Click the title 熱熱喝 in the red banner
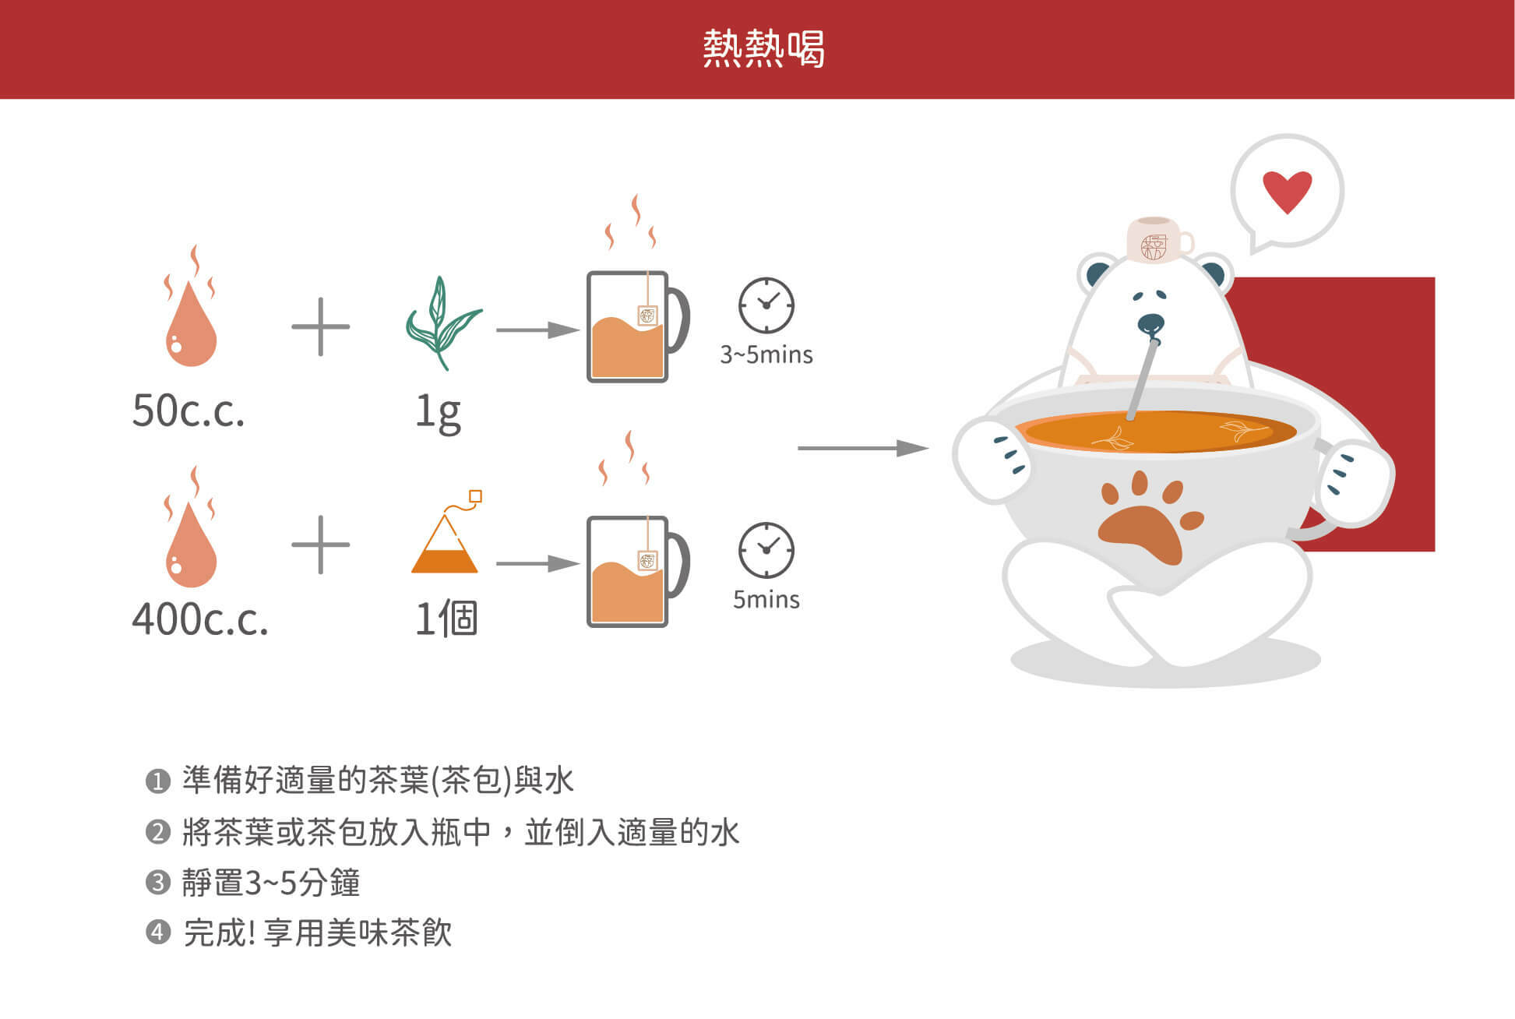point(763,48)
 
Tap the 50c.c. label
point(188,410)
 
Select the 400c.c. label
point(200,619)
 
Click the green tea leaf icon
point(443,323)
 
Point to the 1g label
point(438,412)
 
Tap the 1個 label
point(446,619)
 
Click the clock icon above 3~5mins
point(766,305)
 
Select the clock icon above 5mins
point(766,550)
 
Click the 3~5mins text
point(766,355)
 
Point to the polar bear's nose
point(1150,323)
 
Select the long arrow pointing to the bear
point(863,448)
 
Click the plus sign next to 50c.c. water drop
point(320,326)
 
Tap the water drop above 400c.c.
point(191,527)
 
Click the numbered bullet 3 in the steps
point(158,883)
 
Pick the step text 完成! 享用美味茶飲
point(318,933)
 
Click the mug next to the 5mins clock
point(636,571)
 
